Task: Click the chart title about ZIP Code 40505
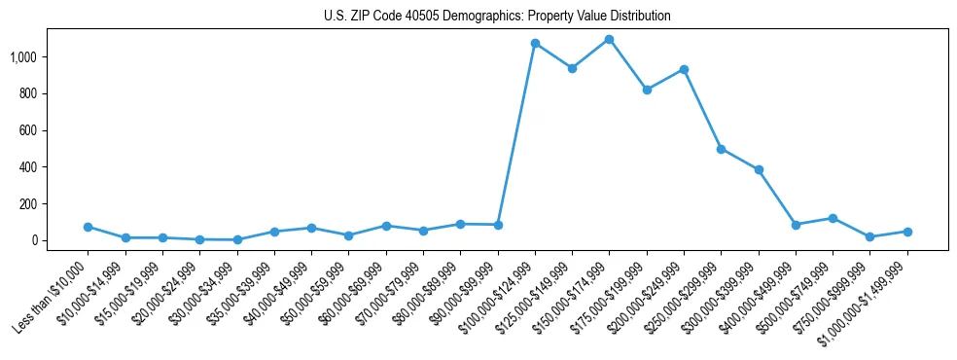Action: (497, 16)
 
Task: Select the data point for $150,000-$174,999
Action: (609, 39)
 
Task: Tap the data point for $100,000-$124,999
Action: (535, 43)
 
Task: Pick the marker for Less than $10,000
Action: (88, 227)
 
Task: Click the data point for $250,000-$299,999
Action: (721, 149)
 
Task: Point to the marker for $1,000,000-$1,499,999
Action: (907, 232)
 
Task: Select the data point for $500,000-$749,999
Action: (833, 218)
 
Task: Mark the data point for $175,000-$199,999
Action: (647, 90)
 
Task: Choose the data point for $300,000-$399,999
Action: (759, 169)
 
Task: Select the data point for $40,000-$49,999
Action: (311, 228)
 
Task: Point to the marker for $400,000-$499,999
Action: (796, 225)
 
